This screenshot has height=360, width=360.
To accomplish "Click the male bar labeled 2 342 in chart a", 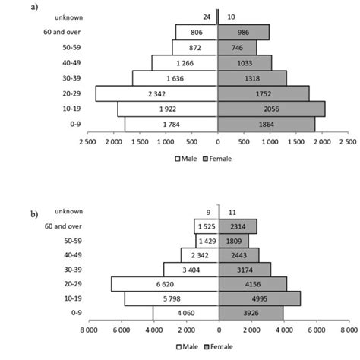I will [x=156, y=93].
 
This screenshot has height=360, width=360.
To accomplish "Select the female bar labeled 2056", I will [x=271, y=109].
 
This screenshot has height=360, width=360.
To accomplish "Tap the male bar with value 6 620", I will [x=165, y=283].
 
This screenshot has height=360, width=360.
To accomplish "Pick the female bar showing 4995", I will [x=260, y=298].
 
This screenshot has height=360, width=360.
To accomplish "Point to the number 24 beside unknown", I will [x=207, y=16].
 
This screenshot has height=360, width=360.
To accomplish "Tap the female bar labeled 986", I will [x=243, y=32].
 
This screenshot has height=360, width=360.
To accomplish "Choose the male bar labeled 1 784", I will [x=171, y=124].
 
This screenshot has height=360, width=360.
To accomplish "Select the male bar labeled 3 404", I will [x=191, y=269].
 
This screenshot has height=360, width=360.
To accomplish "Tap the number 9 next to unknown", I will [x=207, y=210].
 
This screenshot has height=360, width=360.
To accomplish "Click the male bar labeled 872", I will [x=195, y=47].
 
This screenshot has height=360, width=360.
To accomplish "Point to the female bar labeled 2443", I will [x=238, y=254].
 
